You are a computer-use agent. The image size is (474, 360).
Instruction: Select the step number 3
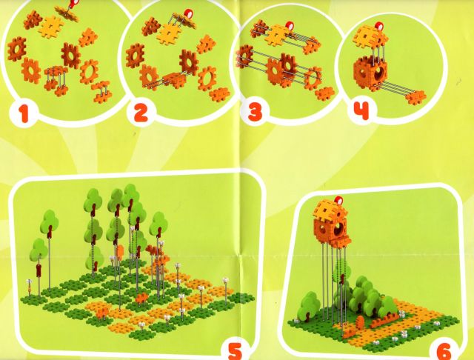[255, 112]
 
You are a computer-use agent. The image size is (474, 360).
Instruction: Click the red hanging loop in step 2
[189, 15]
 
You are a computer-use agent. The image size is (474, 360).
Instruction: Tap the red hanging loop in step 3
[290, 25]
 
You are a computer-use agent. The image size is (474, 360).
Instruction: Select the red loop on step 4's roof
[378, 27]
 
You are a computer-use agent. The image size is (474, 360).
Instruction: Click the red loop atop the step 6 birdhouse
[338, 201]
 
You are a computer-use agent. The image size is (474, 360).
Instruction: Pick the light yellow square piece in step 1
[50, 27]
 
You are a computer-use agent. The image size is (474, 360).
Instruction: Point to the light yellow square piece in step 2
[168, 33]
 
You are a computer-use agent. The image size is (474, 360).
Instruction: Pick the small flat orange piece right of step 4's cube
[417, 97]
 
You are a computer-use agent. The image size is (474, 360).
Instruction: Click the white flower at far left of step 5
[29, 281]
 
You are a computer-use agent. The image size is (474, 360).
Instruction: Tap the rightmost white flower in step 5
[225, 280]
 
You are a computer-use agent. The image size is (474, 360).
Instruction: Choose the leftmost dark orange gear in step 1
[17, 49]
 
